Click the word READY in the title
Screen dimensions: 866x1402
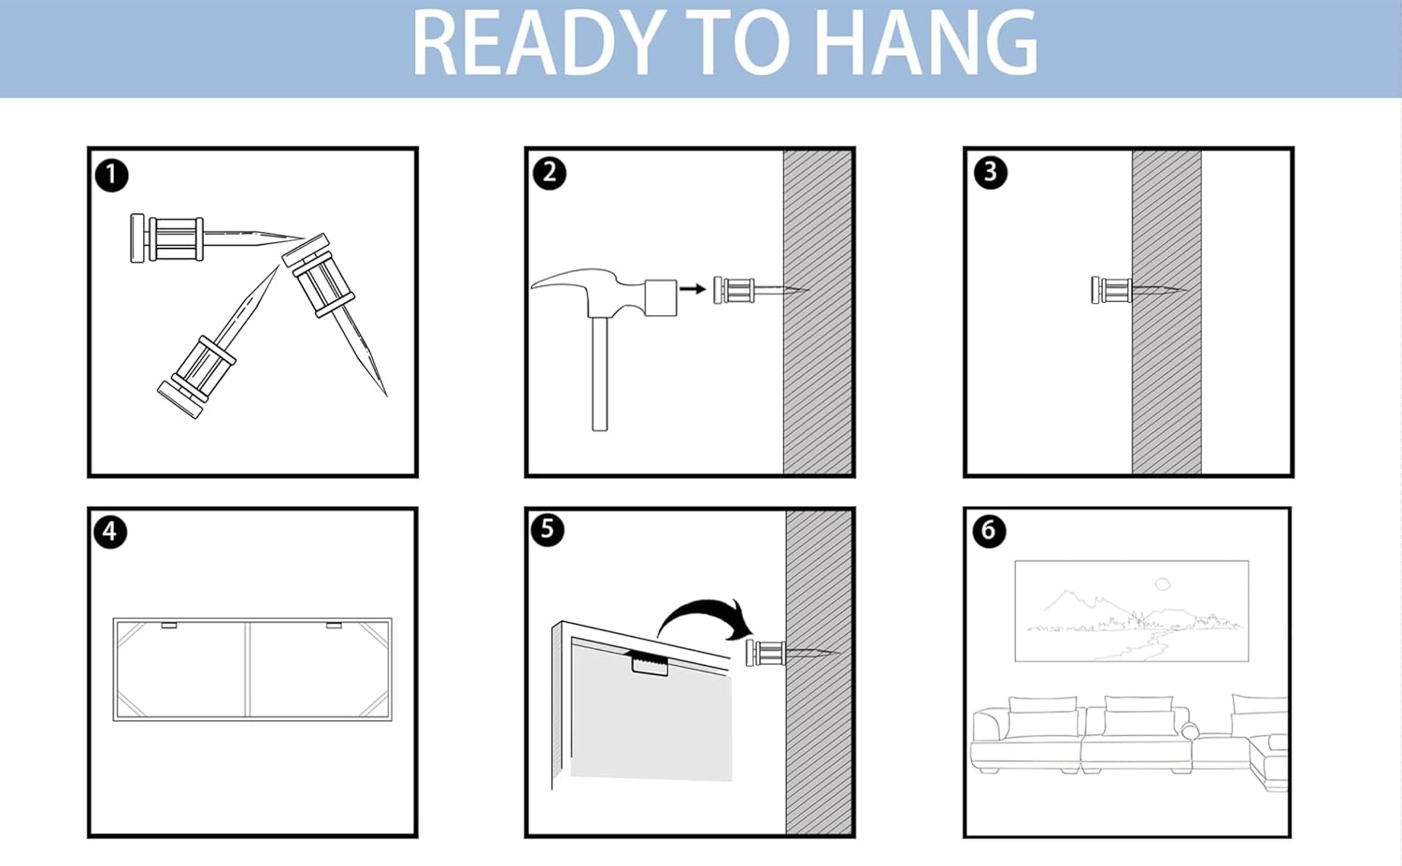537,43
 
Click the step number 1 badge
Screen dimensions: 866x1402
111,175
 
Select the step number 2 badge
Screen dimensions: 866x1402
550,173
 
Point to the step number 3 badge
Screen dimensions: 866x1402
991,172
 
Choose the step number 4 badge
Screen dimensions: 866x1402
110,532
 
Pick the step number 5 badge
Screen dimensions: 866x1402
548,530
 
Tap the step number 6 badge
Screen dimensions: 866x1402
989,531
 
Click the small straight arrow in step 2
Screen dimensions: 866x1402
693,289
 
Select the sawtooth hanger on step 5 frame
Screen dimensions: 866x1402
649,663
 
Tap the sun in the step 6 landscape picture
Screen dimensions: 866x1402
1163,585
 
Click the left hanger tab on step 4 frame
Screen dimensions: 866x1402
169,625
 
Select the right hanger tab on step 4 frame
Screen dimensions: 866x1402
334,625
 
